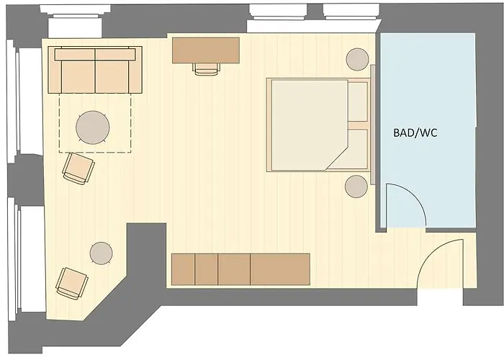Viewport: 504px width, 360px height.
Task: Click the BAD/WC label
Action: coord(415,132)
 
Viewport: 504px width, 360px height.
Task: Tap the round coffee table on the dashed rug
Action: coord(93,127)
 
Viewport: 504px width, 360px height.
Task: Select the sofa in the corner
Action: coord(95,70)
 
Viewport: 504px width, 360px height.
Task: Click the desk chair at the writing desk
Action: coord(207,69)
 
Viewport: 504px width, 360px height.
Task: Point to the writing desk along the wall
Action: coord(206,50)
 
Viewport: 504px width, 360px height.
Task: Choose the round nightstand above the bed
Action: coord(357,59)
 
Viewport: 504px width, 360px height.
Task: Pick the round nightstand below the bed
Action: coord(356,186)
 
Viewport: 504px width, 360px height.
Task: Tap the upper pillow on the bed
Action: coord(358,102)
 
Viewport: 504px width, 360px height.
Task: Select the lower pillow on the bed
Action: coord(358,148)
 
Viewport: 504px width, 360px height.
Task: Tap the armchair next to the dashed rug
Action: coord(78,168)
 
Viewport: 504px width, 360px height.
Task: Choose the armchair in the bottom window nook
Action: coord(72,284)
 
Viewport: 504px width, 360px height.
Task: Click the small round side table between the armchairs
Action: coord(102,253)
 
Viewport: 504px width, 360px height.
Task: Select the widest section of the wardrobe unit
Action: coord(280,269)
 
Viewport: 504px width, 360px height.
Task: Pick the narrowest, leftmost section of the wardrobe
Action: coord(183,269)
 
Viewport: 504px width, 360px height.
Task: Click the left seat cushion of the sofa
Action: coord(78,76)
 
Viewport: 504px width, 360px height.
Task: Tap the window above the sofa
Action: coord(76,21)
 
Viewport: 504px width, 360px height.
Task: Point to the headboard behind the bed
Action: coord(373,125)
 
